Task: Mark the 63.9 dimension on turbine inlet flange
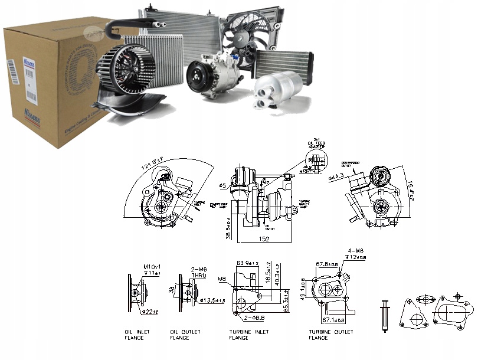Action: (x=247, y=263)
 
